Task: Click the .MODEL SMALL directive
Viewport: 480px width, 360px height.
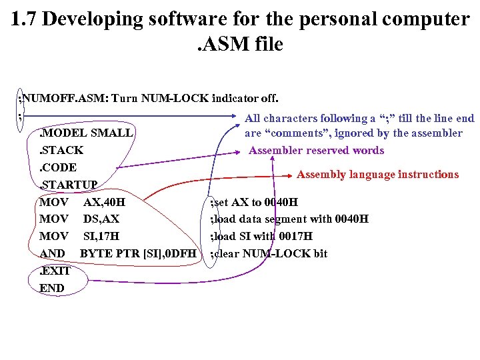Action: pyautogui.click(x=85, y=133)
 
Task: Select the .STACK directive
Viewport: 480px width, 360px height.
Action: pyautogui.click(x=61, y=150)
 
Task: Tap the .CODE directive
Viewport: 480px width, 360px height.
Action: pyautogui.click(x=58, y=167)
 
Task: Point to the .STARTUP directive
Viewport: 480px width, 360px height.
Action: pyautogui.click(x=69, y=184)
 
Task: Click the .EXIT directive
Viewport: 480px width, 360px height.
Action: pyautogui.click(x=55, y=271)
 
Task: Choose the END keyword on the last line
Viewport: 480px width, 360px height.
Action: pyautogui.click(x=52, y=288)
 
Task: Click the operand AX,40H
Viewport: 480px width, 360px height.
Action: pyautogui.click(x=104, y=201)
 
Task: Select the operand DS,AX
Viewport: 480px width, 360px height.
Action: pyautogui.click(x=101, y=219)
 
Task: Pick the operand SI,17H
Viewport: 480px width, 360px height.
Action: pyautogui.click(x=101, y=236)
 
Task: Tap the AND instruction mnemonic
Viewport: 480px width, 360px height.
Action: pyautogui.click(x=52, y=253)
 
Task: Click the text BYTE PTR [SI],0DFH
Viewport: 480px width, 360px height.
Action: pyautogui.click(x=138, y=253)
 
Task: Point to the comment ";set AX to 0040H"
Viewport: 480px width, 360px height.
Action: pyautogui.click(x=254, y=202)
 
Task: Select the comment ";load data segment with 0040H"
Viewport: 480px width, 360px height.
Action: pyautogui.click(x=289, y=219)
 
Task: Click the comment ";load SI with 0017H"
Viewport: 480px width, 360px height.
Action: pyautogui.click(x=261, y=237)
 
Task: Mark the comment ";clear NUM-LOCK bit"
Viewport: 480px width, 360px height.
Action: pyautogui.click(x=269, y=253)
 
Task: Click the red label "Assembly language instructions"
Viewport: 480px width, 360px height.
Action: pyautogui.click(x=377, y=175)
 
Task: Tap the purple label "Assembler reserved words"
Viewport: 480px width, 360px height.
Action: pyautogui.click(x=316, y=150)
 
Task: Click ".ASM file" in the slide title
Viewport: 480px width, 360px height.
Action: pyautogui.click(x=239, y=45)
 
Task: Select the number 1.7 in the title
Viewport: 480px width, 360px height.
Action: pyautogui.click(x=25, y=19)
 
